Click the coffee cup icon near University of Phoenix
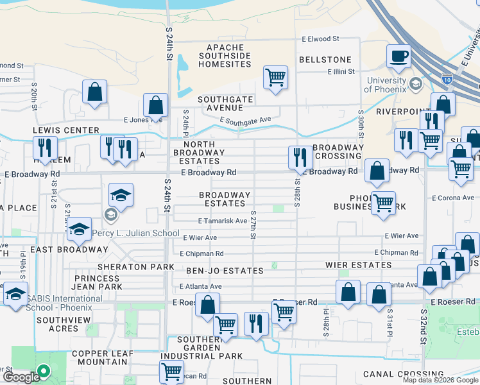(399, 56)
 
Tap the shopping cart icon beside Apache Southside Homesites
(275, 78)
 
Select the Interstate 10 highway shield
(447, 78)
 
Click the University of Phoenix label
(386, 85)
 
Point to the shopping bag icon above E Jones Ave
(155, 105)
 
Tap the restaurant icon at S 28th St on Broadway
(300, 157)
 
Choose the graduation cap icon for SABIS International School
(15, 295)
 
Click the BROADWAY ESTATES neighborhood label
(224, 199)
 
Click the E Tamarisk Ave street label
(223, 221)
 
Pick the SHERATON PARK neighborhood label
(135, 266)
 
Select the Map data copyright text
(440, 380)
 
